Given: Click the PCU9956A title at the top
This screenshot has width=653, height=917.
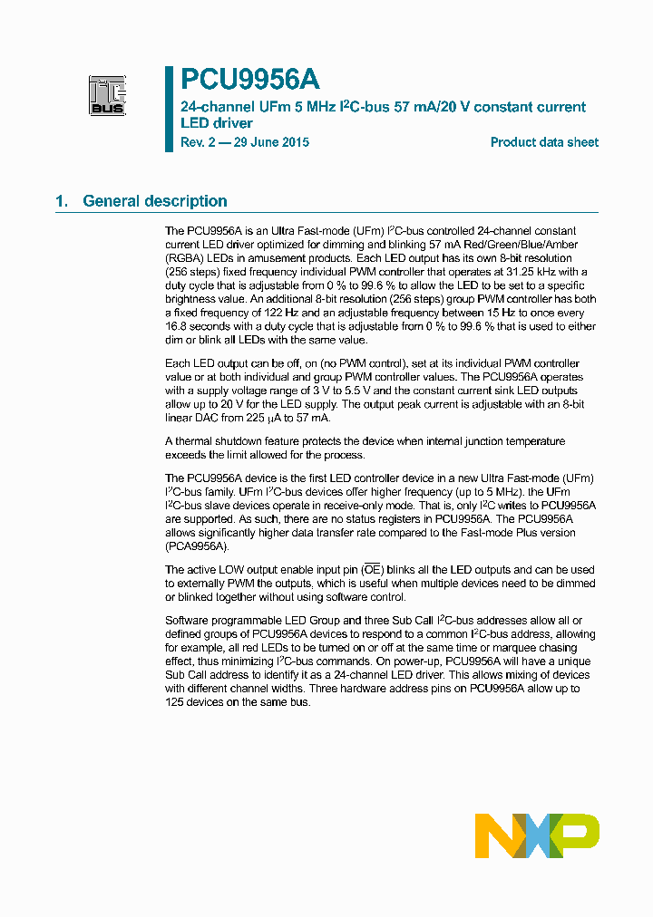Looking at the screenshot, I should [249, 81].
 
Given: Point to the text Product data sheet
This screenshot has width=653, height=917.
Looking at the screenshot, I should [544, 142].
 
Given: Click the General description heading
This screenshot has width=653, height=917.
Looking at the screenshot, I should [155, 201].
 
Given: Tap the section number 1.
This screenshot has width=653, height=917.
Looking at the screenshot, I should [61, 201].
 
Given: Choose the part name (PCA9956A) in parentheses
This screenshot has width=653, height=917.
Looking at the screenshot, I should [198, 546].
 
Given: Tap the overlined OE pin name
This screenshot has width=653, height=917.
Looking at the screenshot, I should [373, 570].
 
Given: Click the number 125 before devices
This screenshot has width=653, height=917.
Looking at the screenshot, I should [176, 702].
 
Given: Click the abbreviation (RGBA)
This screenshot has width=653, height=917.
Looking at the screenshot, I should [188, 258].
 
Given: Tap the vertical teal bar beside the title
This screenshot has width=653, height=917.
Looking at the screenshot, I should [169, 109].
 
